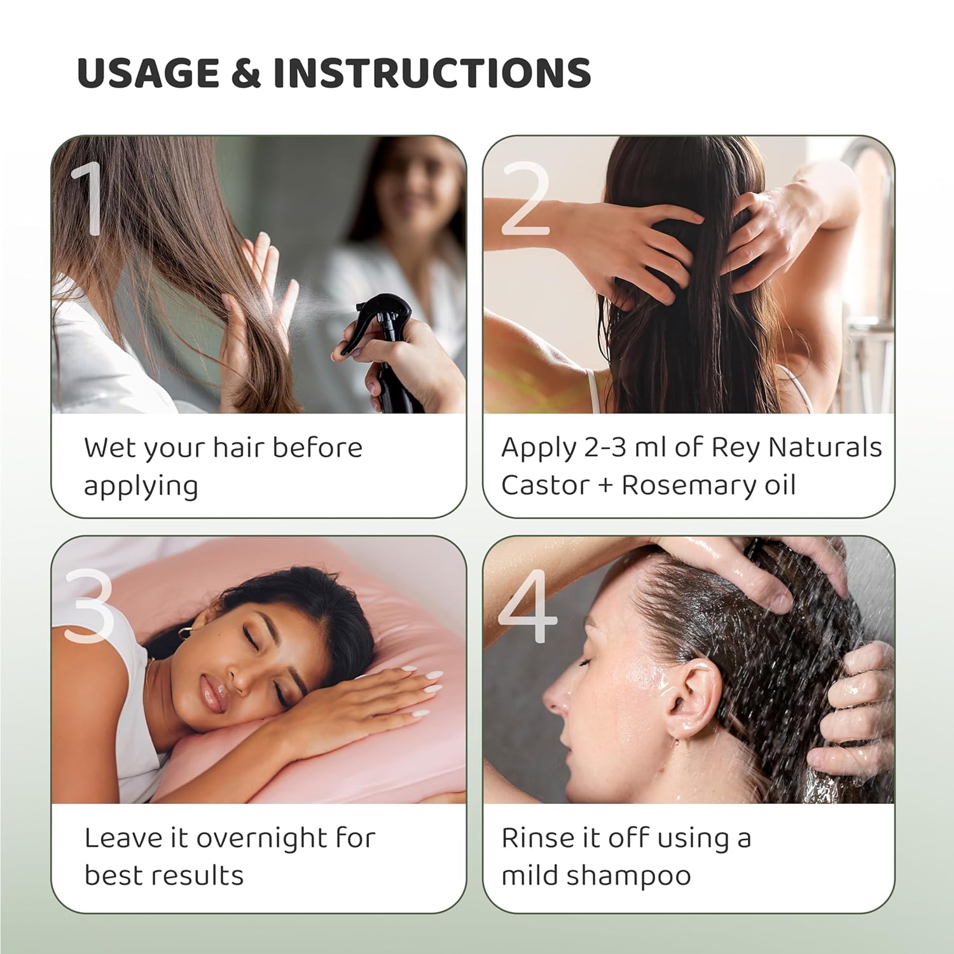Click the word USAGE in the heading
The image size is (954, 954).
coord(148,73)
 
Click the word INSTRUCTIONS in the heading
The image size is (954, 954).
coord(432,73)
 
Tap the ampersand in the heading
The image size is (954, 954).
coord(246,73)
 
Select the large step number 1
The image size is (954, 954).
coord(89,198)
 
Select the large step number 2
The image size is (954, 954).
coord(525,198)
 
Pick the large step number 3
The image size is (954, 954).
coord(89,604)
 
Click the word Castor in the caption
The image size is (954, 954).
coord(537,485)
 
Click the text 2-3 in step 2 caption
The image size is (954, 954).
coord(605,448)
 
